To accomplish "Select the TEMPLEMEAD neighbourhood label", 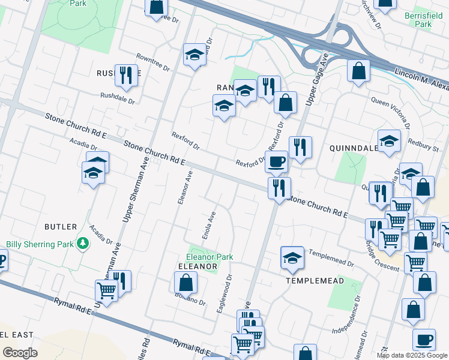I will [315, 280].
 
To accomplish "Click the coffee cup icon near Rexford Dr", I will [277, 161].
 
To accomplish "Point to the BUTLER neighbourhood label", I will [61, 227].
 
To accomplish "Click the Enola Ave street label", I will [208, 226].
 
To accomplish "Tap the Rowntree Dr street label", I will [152, 58].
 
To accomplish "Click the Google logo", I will [20, 353].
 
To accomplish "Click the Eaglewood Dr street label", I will [224, 293].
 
